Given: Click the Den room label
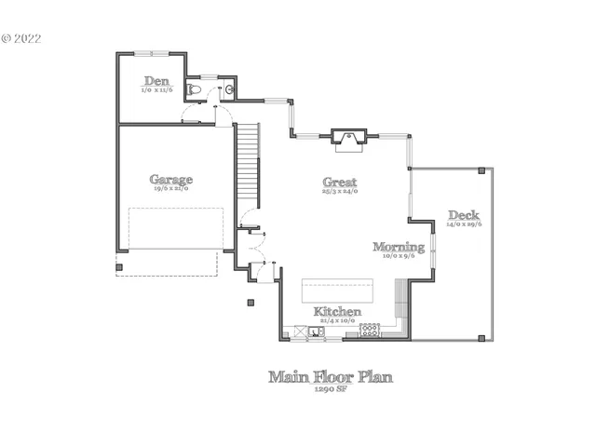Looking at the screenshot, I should pos(156,81).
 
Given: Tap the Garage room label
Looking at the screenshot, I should pos(171,179).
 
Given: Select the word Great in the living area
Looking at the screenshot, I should pos(340,182).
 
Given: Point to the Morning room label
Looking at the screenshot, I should pos(399,247).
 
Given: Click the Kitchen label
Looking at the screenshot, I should pos(337,311).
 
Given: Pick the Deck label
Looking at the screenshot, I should pos(463,214).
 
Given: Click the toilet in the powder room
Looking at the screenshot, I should pos(194,89).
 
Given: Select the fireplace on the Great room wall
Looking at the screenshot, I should pos(349,140).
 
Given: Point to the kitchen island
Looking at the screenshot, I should pos(339,290).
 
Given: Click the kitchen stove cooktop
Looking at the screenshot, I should pos(371,329).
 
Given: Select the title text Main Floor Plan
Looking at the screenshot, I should pos(331,377).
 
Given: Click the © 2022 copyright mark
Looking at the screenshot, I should pos(21,39).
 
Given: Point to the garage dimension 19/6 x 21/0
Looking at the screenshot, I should pos(171,189).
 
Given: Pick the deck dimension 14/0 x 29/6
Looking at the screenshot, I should pos(464,224).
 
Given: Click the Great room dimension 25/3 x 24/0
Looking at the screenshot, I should pos(340,191).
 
